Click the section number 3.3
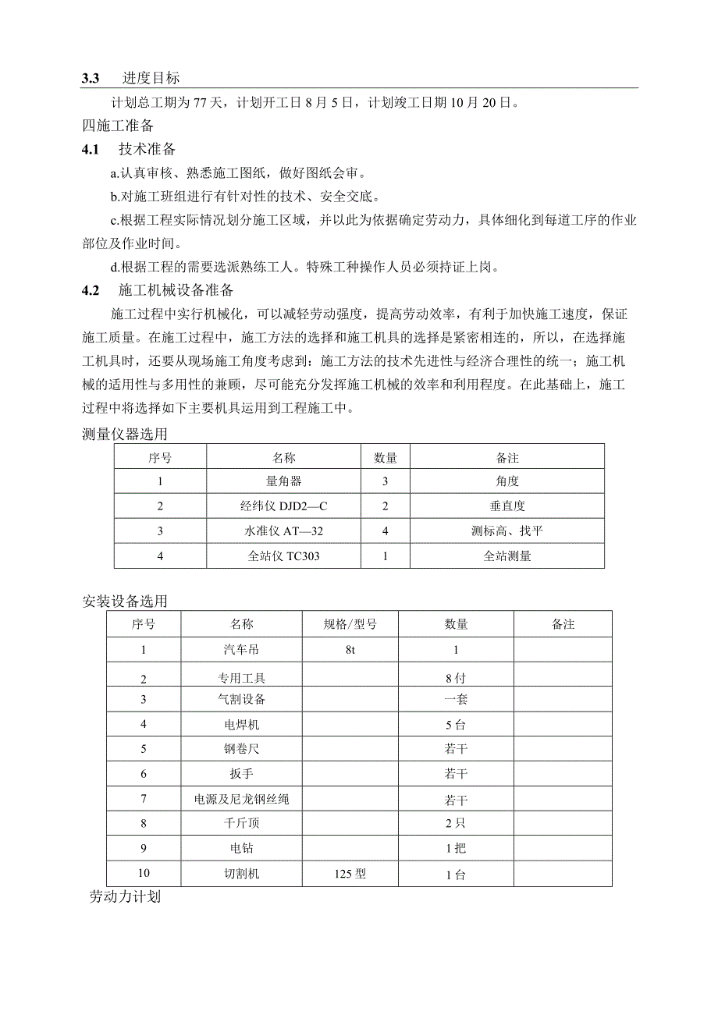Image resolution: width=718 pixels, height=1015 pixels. (x=91, y=78)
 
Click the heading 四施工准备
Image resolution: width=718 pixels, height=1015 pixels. (x=118, y=126)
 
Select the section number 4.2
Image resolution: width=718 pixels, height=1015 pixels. (x=91, y=291)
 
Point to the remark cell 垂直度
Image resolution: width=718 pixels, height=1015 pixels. (x=507, y=506)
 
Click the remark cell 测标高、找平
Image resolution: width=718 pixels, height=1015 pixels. (x=507, y=531)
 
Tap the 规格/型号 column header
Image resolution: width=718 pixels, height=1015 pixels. (x=350, y=624)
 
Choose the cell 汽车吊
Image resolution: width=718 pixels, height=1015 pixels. (x=241, y=649)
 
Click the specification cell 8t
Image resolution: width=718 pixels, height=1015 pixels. (x=350, y=649)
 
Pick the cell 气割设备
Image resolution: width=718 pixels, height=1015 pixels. (x=241, y=700)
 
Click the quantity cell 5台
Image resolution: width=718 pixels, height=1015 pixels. (x=456, y=725)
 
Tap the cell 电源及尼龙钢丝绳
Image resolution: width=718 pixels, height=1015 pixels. (x=241, y=800)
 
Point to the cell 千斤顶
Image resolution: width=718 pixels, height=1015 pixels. (x=241, y=822)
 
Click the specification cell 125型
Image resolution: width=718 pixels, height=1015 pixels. (x=350, y=874)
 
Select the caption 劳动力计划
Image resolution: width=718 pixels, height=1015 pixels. (x=125, y=897)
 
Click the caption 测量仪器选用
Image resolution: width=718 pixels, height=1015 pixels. (x=124, y=435)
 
